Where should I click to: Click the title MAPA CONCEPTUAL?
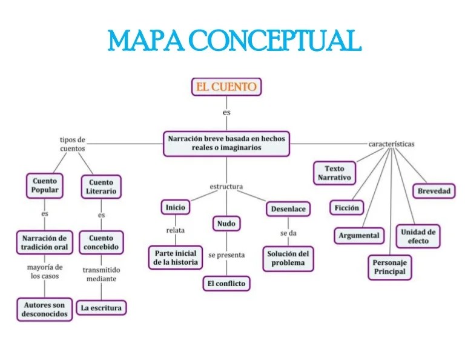coord(233,41)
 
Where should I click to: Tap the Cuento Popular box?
coord(45,185)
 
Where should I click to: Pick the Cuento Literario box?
coord(101,187)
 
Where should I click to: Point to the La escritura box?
coord(102,308)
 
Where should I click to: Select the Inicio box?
coord(175,207)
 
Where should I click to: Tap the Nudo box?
coord(226,224)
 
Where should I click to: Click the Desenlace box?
coord(288,209)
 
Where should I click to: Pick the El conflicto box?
coord(226,283)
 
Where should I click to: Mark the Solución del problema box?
coord(288,258)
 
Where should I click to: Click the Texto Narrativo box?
coord(334,173)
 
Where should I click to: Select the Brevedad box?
coord(434,191)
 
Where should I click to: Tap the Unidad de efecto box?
coord(418,236)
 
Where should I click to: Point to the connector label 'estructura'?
coord(226,186)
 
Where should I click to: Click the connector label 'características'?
coord(391,144)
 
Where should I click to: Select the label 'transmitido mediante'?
coord(101,274)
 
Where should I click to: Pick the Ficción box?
coord(347,208)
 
